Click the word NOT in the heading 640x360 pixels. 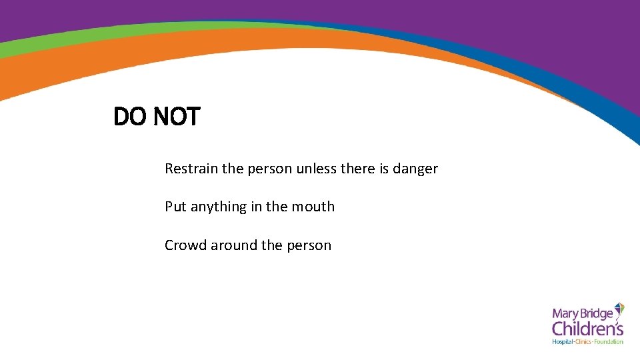click(176, 117)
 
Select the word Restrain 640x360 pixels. click(191, 169)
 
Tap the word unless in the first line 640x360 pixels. click(317, 169)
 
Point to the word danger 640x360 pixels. click(415, 169)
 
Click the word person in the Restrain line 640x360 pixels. click(270, 169)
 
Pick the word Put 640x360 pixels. click(176, 207)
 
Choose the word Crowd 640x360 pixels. click(185, 245)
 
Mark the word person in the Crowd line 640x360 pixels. click(309, 245)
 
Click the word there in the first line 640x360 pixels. click(358, 169)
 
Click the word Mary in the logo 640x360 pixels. click(564, 313)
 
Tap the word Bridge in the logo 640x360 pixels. click(595, 314)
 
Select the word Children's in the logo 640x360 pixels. click(587, 329)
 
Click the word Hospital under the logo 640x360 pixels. click(563, 342)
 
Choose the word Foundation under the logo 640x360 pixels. click(609, 342)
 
